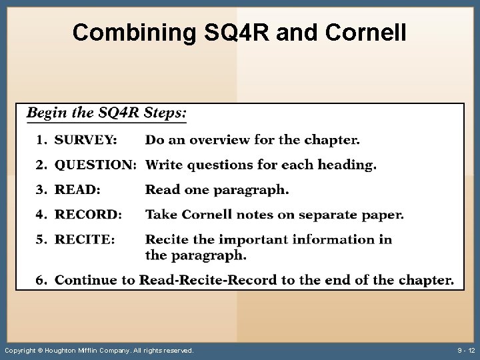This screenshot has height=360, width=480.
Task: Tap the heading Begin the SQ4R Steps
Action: [x=107, y=113]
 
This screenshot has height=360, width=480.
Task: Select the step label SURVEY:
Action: [x=85, y=140]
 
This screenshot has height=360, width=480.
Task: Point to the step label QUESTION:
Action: [x=95, y=165]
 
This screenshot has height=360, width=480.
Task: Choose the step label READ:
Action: [x=77, y=190]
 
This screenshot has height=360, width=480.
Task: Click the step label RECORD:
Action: [x=88, y=215]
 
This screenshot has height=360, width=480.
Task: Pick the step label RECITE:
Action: [x=85, y=239]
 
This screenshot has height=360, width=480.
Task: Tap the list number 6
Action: [x=41, y=280]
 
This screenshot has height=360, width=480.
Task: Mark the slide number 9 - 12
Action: [x=466, y=351]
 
